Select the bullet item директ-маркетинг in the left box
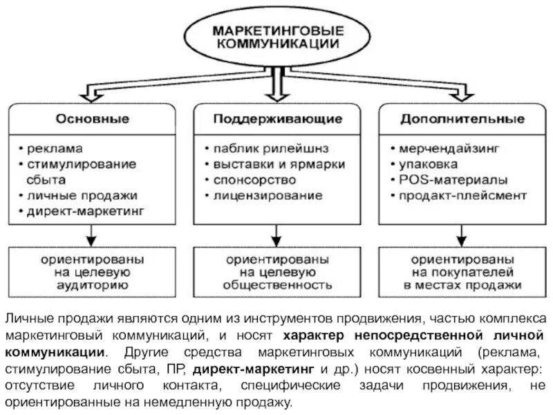click(x=86, y=211)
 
